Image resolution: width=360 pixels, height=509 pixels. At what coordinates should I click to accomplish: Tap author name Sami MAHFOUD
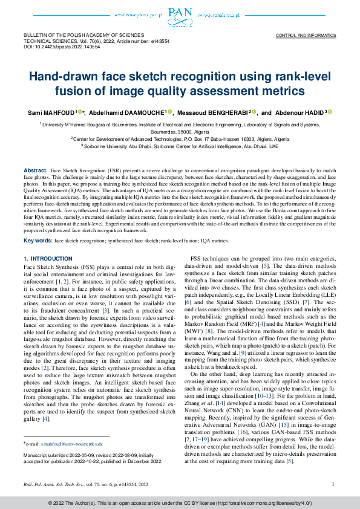(50, 112)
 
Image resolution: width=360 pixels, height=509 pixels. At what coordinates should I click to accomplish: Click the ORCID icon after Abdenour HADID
(330, 112)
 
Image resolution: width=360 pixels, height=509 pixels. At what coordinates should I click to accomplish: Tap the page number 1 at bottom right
(333, 484)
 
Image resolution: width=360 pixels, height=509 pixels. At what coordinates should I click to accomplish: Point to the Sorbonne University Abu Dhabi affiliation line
(180, 146)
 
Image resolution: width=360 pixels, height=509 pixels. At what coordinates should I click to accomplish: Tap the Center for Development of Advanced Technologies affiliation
(180, 138)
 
